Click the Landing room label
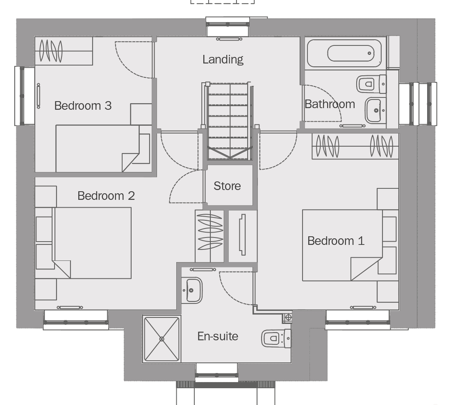[x=223, y=59]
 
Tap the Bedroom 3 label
[x=83, y=106]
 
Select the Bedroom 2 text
[x=106, y=196]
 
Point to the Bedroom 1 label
[x=336, y=241]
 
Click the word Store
[x=227, y=186]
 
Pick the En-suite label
[x=218, y=336]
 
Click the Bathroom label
[x=330, y=104]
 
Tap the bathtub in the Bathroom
[x=344, y=53]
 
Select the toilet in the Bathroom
[x=371, y=84]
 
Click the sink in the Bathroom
[x=375, y=111]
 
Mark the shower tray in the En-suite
[x=162, y=339]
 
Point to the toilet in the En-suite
[x=276, y=338]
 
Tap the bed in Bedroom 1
[x=342, y=245]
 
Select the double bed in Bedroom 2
[x=92, y=243]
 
